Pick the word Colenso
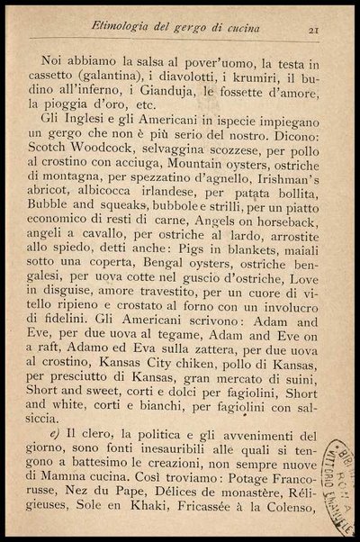(x=288, y=528)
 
